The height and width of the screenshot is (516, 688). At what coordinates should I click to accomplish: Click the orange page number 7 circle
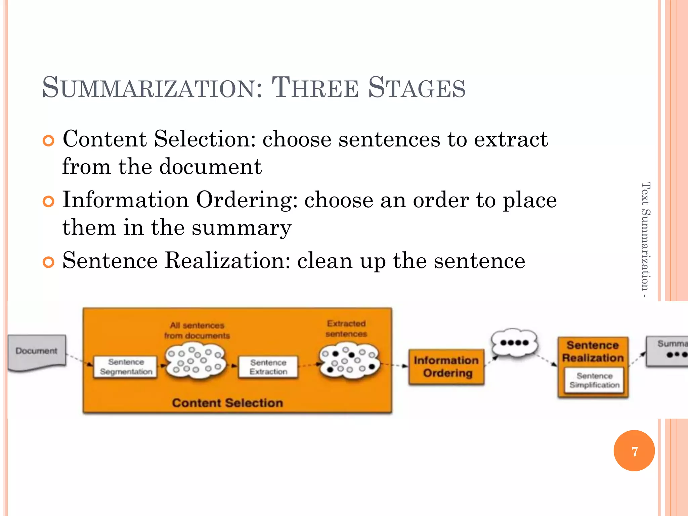pyautogui.click(x=634, y=451)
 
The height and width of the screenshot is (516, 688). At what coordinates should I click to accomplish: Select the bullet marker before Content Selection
pyautogui.click(x=49, y=141)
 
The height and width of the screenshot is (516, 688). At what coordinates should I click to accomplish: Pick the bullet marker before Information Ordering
pyautogui.click(x=49, y=202)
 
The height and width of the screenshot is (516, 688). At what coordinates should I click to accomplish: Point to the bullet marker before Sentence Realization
pyautogui.click(x=49, y=262)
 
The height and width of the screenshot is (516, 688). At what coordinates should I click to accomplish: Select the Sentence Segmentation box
pyautogui.click(x=126, y=367)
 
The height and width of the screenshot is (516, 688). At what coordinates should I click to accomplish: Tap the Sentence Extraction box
pyautogui.click(x=268, y=367)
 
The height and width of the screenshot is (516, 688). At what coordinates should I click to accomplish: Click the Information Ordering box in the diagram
pyautogui.click(x=446, y=367)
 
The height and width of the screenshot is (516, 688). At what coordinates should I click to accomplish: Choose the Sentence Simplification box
pyautogui.click(x=594, y=380)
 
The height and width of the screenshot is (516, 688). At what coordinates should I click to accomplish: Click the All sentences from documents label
pyautogui.click(x=197, y=331)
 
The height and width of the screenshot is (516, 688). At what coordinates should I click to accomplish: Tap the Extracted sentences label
pyautogui.click(x=346, y=329)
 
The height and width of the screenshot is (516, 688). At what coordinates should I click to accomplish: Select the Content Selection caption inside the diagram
pyautogui.click(x=227, y=403)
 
